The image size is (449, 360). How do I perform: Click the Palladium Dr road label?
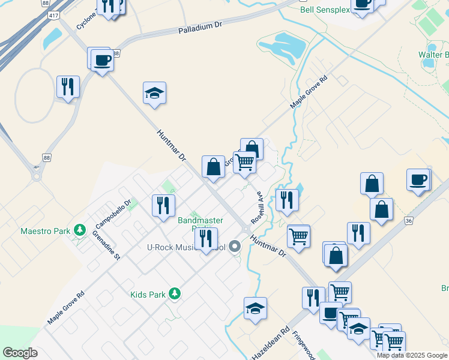pos(200,28)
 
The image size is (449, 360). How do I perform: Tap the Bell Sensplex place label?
pos(325,10)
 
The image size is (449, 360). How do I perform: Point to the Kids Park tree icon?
pos(174,293)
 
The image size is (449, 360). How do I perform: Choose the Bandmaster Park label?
pos(200,221)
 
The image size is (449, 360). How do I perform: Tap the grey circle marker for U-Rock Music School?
pos(235,246)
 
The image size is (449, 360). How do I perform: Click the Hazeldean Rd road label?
pos(271,344)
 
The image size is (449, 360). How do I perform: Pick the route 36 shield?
pos(409,221)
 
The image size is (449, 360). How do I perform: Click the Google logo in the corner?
pos(20,353)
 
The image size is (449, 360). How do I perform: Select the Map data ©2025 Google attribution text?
pos(412,355)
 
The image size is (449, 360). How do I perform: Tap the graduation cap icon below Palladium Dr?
pos(154,94)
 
